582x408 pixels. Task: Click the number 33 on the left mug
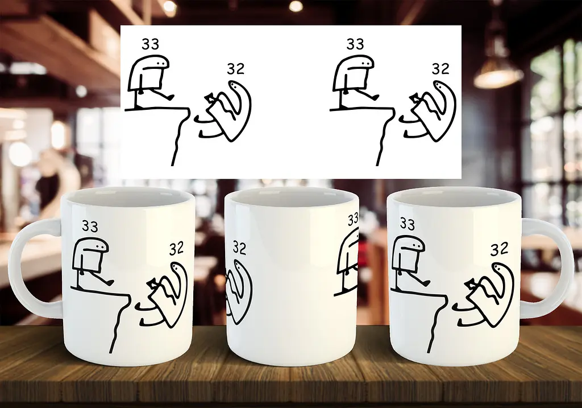click(90, 226)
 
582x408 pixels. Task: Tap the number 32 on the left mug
click(176, 249)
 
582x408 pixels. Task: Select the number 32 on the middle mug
click(239, 248)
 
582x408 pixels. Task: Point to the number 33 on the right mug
click(407, 224)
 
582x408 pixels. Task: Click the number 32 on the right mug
click(498, 250)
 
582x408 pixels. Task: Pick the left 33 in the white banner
click(150, 44)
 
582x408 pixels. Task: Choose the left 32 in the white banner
click(236, 69)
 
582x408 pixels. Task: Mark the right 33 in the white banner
click(355, 44)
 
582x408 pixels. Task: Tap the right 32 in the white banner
click(440, 69)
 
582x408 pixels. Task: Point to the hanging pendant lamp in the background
click(498, 75)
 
